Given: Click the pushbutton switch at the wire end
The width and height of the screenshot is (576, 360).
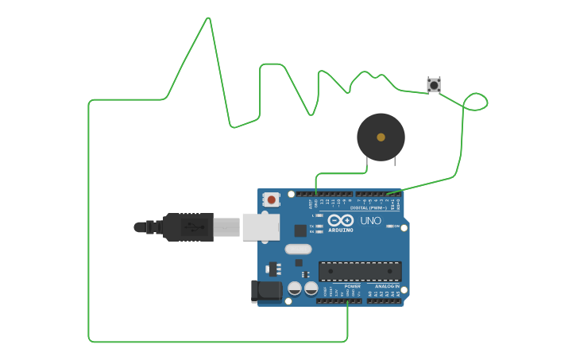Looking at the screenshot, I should point(433,84).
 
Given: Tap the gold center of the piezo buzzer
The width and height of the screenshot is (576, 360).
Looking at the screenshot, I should point(381,137).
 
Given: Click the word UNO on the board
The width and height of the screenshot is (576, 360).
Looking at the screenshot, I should point(371,220).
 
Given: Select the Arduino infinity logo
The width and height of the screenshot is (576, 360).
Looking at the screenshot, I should point(341,220).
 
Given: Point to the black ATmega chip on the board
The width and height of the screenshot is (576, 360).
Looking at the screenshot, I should point(360,271).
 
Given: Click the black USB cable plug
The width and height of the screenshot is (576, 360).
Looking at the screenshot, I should point(187,226).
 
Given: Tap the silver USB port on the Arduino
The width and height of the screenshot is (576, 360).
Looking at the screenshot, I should point(261,226).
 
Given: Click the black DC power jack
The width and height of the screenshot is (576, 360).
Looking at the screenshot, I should point(265,291).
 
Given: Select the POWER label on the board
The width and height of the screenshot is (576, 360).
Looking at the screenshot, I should point(352,286).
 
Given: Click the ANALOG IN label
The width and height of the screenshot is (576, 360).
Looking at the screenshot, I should point(387,286).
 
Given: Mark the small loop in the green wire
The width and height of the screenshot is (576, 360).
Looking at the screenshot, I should point(475,102).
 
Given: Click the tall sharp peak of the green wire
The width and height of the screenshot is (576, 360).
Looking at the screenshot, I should point(208,19).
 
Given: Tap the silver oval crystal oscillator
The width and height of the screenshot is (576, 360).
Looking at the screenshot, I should point(299,249).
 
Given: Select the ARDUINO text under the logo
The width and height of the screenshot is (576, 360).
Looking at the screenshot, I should point(341,230).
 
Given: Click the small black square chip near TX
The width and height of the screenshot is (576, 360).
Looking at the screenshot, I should point(300,230).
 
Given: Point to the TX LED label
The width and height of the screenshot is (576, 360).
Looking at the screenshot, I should point(311,226).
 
